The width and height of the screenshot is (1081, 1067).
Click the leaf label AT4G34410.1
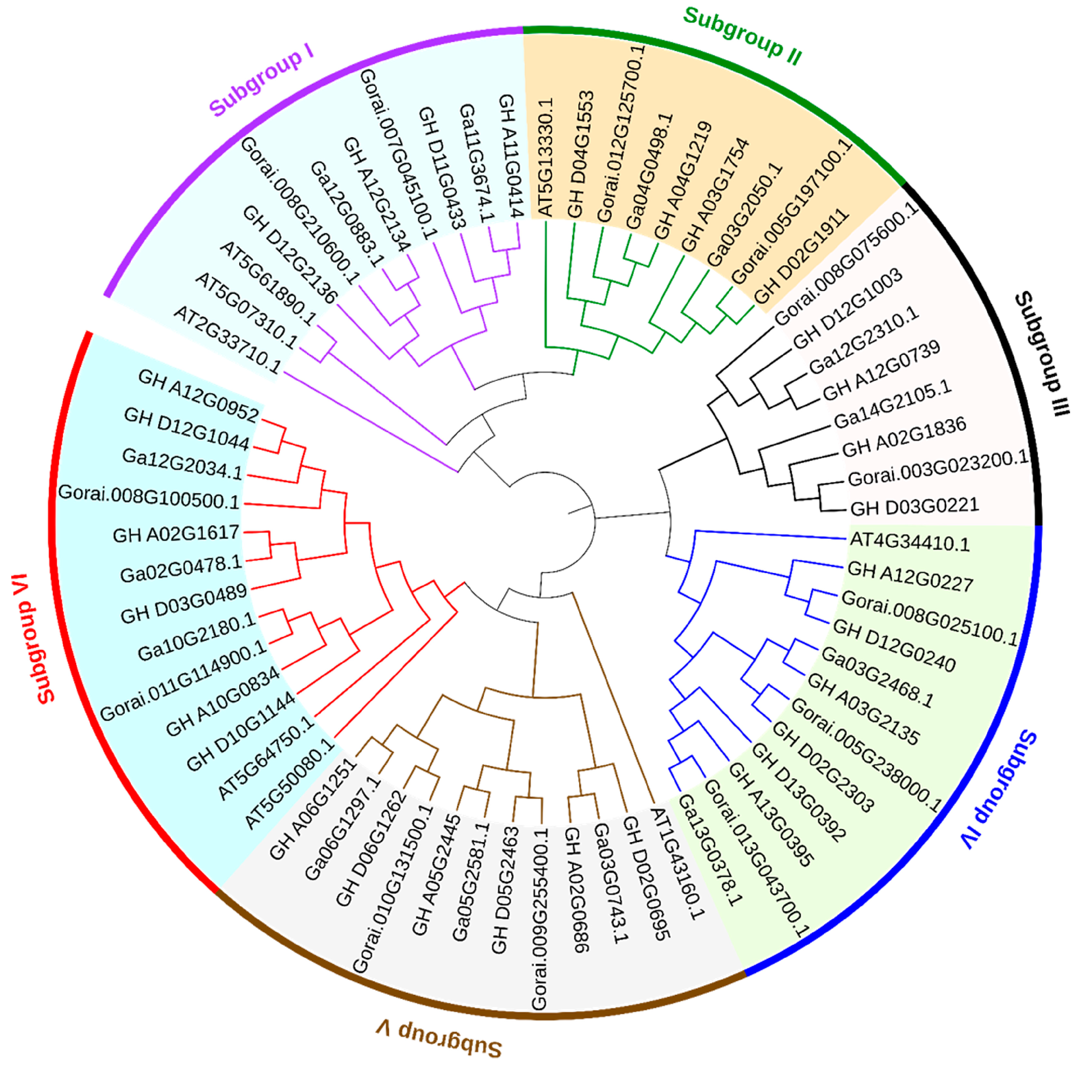909,542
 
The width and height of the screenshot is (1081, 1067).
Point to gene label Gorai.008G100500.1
149,496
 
